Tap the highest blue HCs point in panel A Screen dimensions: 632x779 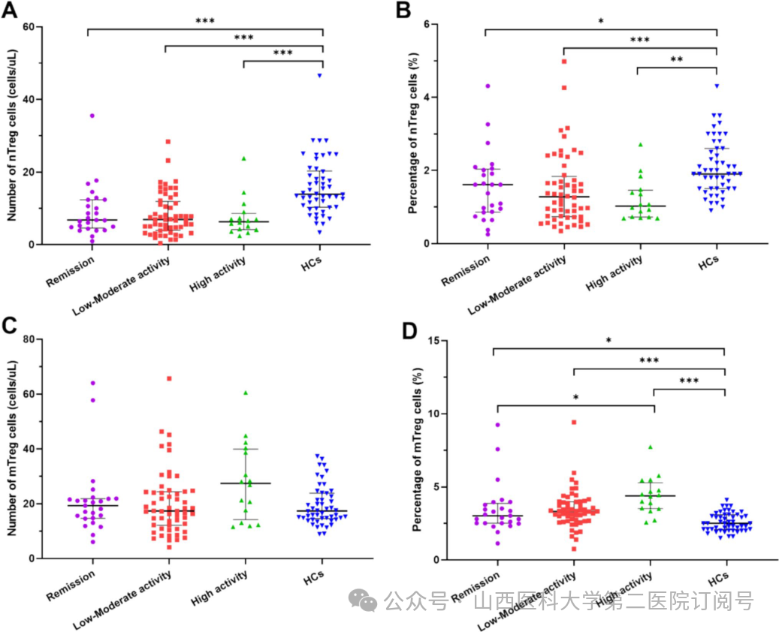click(319, 75)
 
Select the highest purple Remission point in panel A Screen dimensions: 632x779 click(92, 116)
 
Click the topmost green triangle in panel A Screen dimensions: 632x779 click(243, 158)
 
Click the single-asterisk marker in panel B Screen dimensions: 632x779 click(601, 22)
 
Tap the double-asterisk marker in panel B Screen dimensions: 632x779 click(676, 58)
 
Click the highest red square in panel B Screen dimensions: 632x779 click(563, 62)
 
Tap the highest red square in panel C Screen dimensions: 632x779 click(169, 379)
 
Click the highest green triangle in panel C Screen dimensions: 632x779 click(245, 393)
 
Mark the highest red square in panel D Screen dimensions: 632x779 click(574, 422)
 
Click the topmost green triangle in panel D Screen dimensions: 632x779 click(651, 447)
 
